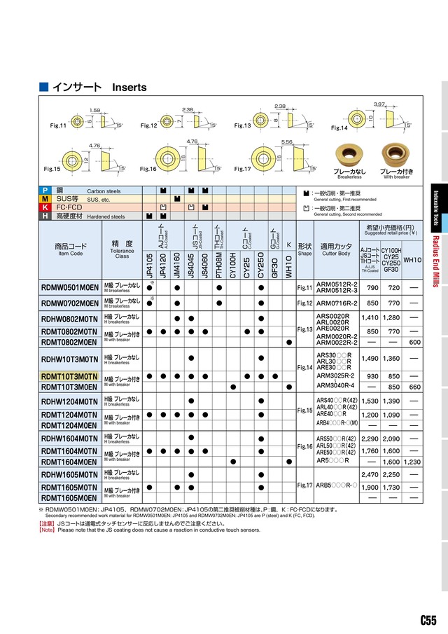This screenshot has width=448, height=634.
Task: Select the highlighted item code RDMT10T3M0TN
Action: point(69,376)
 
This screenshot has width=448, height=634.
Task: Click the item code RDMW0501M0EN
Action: point(69,287)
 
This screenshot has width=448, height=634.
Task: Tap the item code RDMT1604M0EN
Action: point(69,462)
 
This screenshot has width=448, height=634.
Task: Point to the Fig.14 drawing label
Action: point(339,128)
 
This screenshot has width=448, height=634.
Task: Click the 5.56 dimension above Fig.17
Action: point(287,142)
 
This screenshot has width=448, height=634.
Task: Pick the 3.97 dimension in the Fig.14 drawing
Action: point(379,104)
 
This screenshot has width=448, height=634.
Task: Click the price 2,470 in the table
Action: point(369,475)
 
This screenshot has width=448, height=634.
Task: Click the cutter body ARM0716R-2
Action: point(337,303)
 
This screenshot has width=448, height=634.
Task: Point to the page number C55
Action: point(428,621)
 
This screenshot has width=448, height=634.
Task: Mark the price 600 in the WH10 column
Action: point(414,342)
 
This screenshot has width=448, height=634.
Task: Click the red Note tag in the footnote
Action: point(47,530)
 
